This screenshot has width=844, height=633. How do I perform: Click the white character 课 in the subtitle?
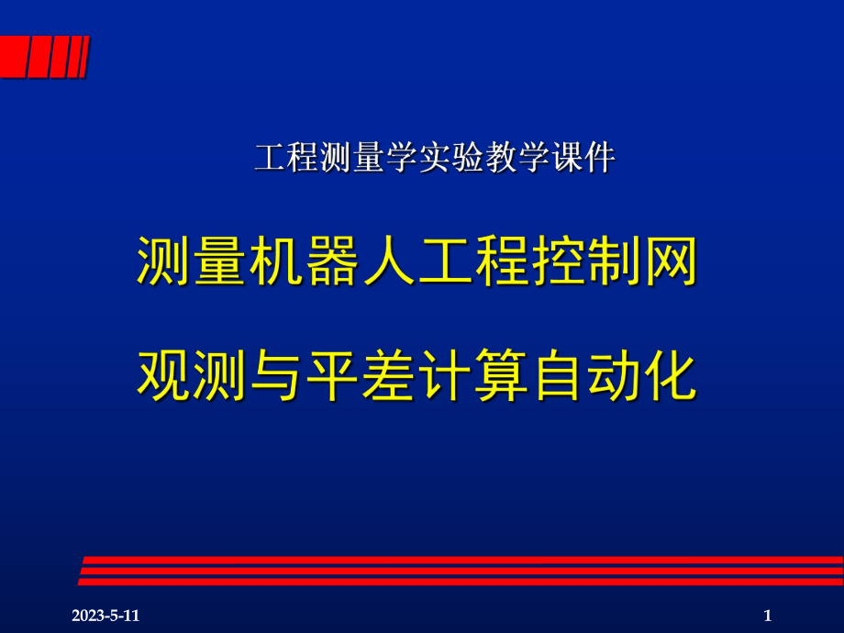click(x=568, y=160)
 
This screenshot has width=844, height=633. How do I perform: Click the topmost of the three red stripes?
click(x=459, y=560)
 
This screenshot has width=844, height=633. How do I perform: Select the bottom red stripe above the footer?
click(x=459, y=582)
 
